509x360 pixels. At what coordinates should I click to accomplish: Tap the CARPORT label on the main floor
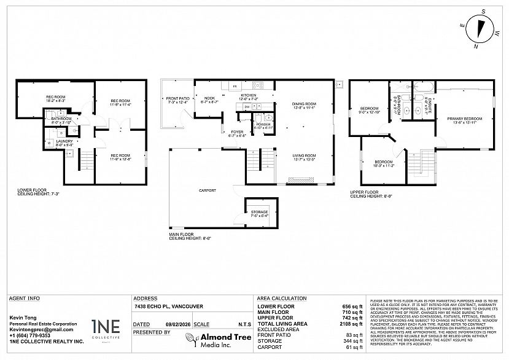(x=207, y=190)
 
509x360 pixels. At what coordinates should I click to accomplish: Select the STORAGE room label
(x=259, y=213)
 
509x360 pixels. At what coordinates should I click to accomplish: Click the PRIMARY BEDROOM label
(x=464, y=119)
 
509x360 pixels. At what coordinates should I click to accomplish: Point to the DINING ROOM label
(x=304, y=105)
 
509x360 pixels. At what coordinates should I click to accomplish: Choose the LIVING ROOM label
(x=303, y=157)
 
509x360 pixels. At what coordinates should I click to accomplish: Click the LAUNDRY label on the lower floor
(x=64, y=142)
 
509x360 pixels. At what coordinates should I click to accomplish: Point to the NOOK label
(x=210, y=99)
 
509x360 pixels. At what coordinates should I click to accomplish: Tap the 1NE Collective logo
(x=106, y=328)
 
